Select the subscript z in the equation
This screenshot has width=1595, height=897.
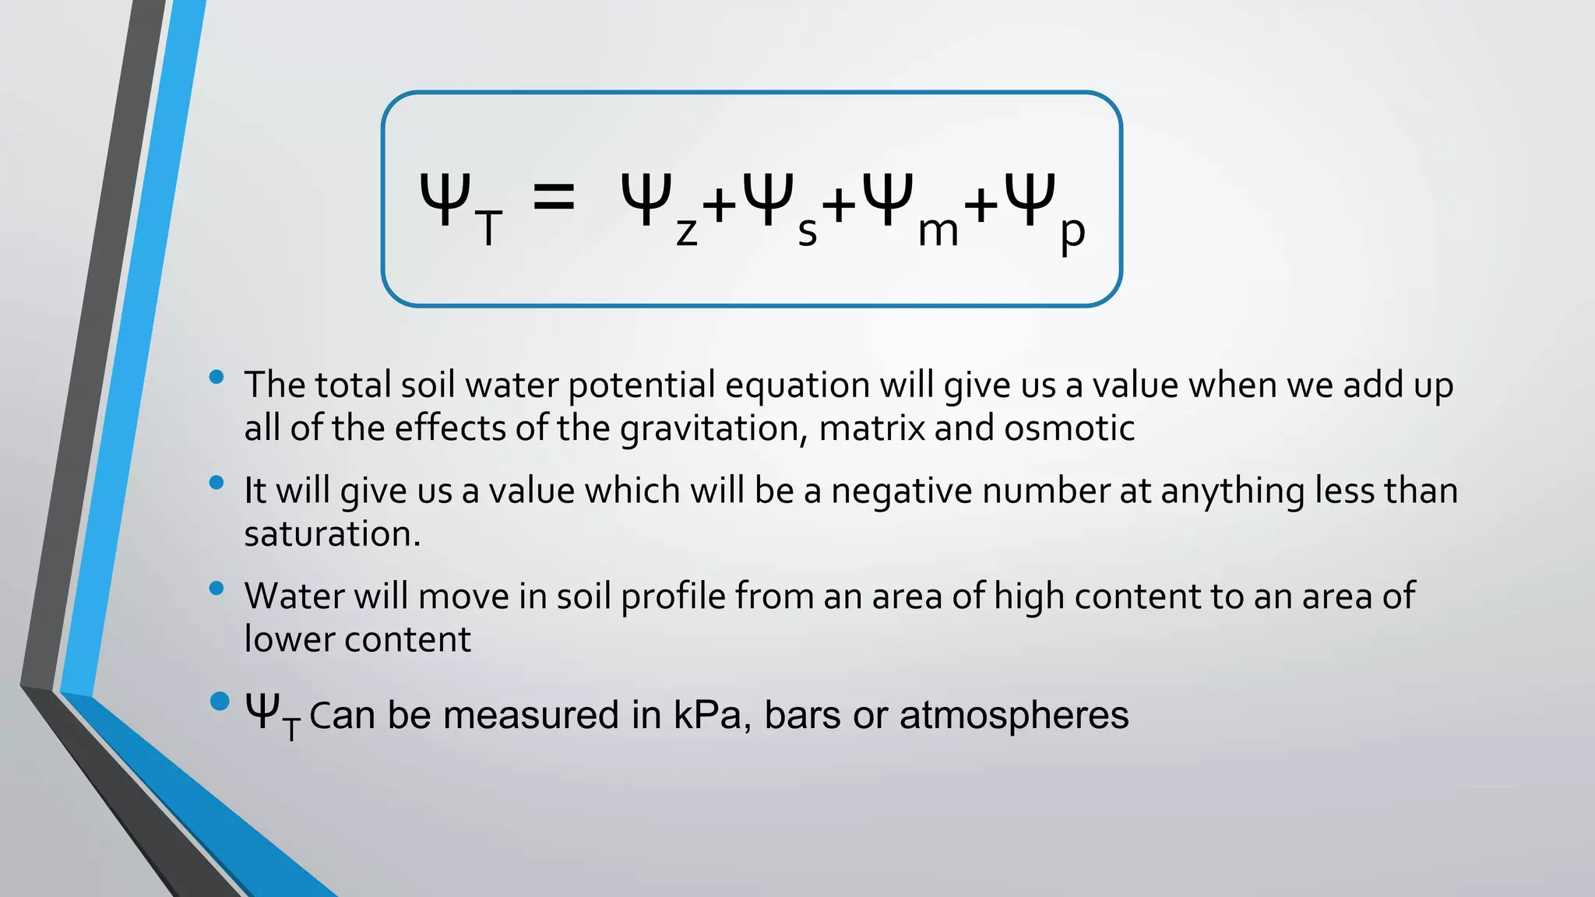tap(686, 232)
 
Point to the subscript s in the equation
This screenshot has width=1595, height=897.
tap(808, 232)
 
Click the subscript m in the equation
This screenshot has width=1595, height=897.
tap(938, 231)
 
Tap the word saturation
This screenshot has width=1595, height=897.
tap(332, 534)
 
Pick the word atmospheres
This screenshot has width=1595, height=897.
tap(1014, 715)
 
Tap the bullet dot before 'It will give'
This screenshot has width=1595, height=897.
tap(217, 483)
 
